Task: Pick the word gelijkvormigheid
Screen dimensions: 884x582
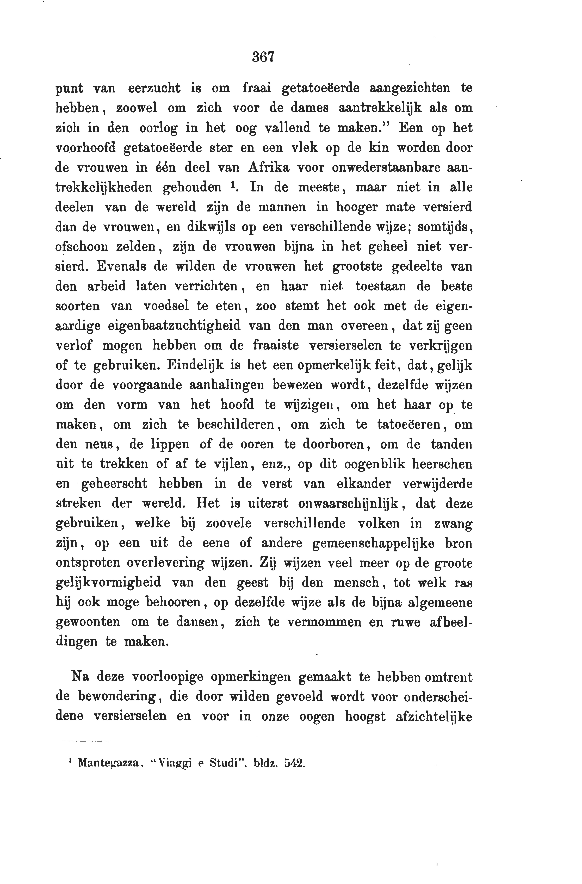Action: coord(108,582)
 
